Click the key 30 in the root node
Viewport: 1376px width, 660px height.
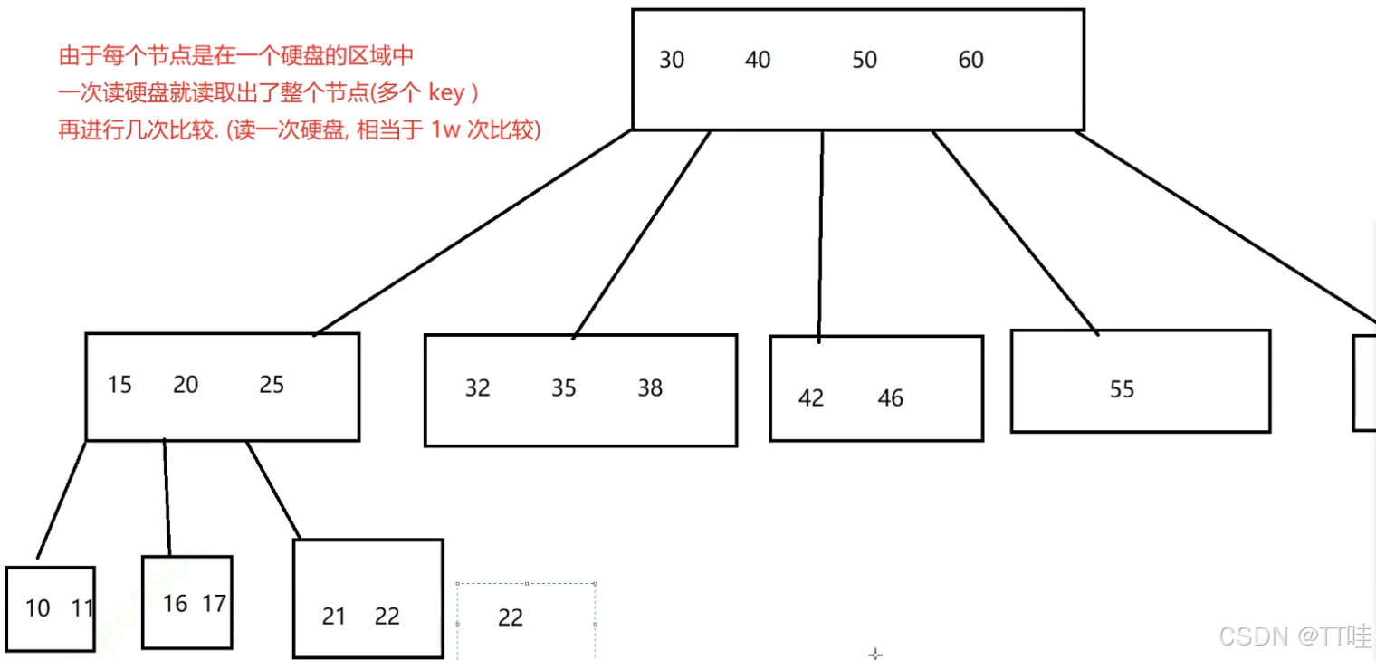(672, 61)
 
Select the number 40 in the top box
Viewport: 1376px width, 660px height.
(758, 61)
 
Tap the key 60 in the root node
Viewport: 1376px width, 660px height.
(970, 61)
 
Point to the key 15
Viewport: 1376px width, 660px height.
(119, 386)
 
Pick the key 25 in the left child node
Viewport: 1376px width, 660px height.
(272, 386)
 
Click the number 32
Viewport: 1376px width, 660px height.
(477, 388)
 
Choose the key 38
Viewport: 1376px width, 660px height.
(650, 388)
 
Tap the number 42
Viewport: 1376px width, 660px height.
(811, 399)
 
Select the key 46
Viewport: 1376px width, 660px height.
(891, 399)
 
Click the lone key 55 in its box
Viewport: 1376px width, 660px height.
(1122, 390)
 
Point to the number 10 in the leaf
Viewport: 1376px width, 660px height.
(38, 608)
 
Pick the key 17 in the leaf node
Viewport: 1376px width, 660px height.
(214, 604)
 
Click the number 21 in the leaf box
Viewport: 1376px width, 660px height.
(334, 617)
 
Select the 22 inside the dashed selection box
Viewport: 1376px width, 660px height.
(511, 618)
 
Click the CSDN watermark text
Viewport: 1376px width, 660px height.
(1252, 636)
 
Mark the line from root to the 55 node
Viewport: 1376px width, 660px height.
(1014, 232)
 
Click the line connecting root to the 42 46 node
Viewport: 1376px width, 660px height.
(821, 235)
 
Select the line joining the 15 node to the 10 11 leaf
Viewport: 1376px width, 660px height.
(62, 500)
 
